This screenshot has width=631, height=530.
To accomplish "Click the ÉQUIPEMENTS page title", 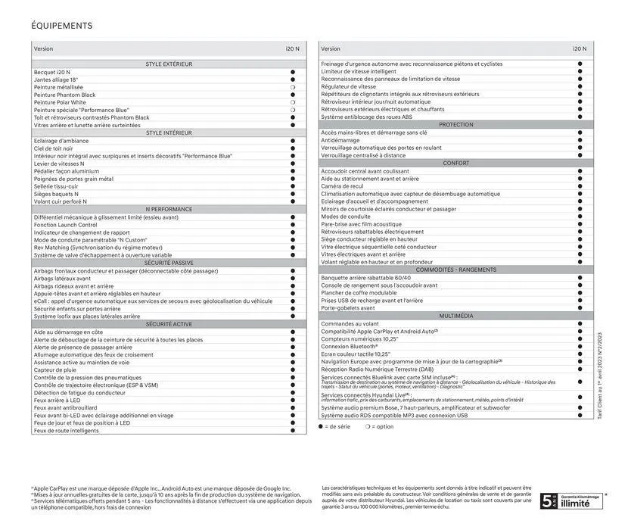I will [62, 26].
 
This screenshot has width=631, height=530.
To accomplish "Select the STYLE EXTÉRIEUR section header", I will [169, 64].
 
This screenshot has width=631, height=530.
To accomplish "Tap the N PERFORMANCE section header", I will [169, 209].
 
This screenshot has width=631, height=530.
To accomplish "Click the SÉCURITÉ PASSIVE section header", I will [169, 263].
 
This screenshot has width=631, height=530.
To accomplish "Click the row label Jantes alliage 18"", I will [56, 79].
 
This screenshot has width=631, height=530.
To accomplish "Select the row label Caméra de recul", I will [342, 185].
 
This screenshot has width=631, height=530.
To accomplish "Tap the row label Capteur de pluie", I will [54, 370].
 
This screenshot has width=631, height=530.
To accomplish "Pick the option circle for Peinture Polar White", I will [292, 102].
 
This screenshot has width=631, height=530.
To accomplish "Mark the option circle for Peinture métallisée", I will [292, 87].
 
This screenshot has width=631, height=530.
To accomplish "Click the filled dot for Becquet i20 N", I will [292, 72].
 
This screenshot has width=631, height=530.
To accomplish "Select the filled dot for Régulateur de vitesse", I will [580, 86].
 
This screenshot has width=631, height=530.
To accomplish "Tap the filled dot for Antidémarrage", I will [580, 140].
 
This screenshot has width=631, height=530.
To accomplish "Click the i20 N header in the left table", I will [292, 48].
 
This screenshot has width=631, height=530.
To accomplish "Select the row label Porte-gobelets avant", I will [347, 308].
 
